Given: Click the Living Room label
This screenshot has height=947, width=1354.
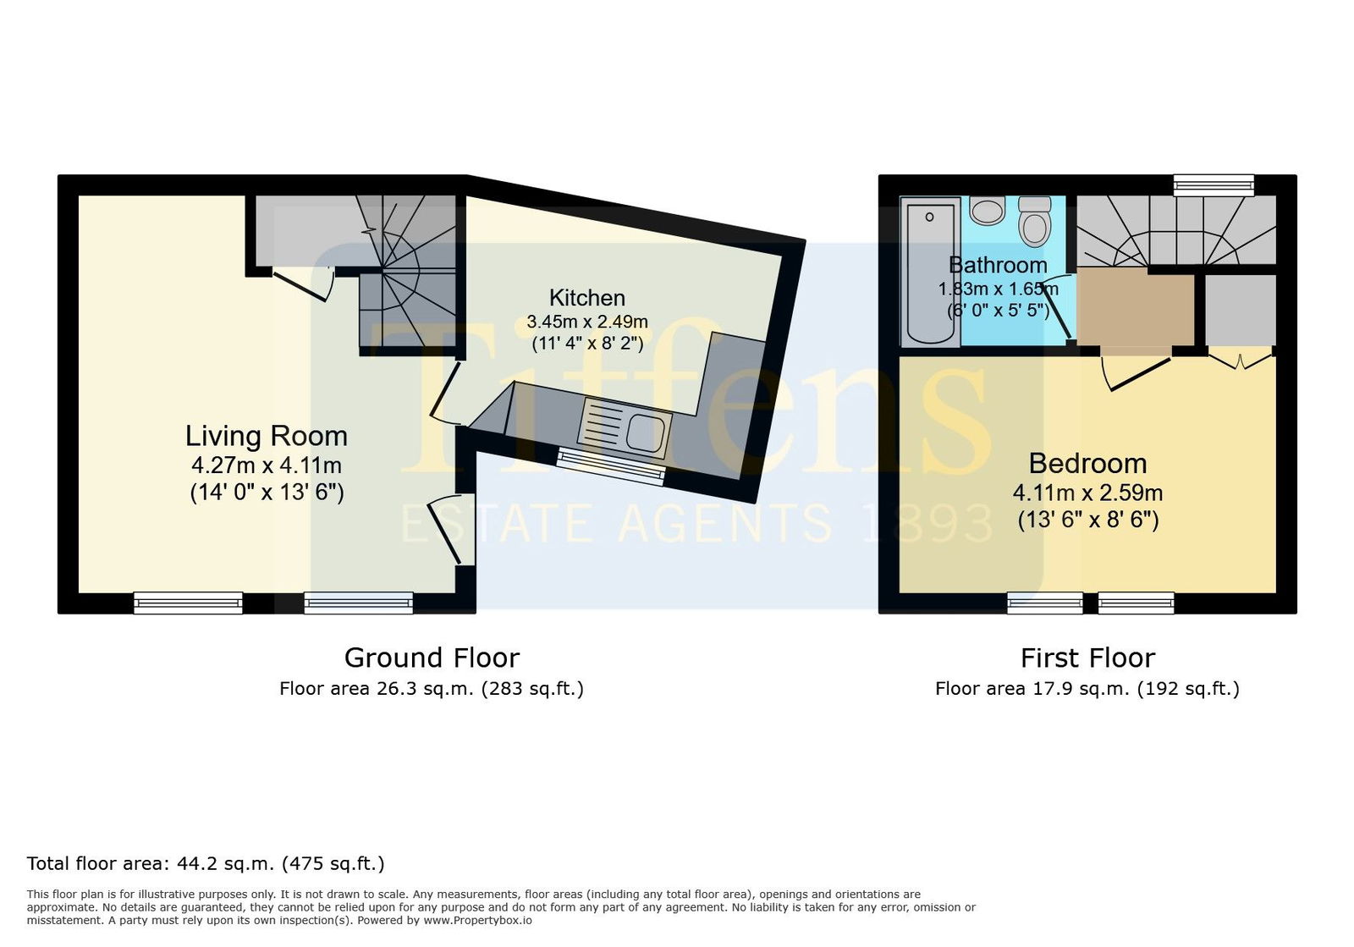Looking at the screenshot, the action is coord(267,436).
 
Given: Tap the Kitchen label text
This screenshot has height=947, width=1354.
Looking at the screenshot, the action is coord(587,298).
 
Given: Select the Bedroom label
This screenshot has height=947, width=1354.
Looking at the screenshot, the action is coord(1088,464).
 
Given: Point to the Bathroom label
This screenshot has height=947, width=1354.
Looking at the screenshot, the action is coord(998,265).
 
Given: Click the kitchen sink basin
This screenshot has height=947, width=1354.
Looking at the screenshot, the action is coord(647,432).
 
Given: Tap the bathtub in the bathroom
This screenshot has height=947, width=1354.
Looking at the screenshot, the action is coord(930,272).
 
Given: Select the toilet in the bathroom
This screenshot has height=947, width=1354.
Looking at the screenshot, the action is coord(1034,221).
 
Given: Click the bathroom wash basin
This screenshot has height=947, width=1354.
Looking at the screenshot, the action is coord(987,210).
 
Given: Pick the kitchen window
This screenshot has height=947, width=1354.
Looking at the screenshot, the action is coord(610,465).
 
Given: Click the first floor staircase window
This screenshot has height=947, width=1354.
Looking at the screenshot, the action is coord(1214,185).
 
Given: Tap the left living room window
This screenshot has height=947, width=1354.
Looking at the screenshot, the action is coord(188,603).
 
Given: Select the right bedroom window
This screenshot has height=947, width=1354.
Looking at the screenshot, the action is coord(1136,603).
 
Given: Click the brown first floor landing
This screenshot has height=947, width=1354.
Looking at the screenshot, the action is coord(1135,307).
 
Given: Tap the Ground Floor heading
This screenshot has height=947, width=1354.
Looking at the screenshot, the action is coord(432,658).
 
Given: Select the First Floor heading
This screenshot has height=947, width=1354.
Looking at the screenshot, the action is coord(1087,658).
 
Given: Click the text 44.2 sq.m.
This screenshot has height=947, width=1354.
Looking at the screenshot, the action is coord(225,863).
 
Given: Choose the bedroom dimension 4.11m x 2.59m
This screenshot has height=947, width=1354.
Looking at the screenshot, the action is coord(1087,493).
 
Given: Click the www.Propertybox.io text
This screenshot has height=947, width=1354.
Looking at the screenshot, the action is coord(477,921).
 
